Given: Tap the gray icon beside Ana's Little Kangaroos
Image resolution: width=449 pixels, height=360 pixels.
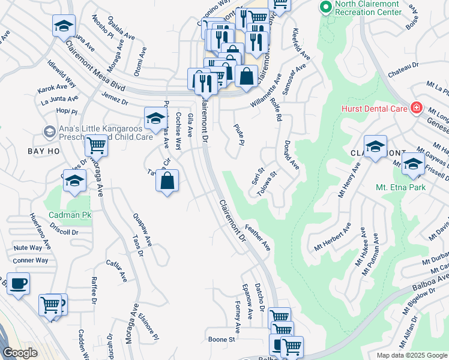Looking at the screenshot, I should pos(49,131).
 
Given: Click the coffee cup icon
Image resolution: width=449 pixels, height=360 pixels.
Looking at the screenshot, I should pos(18,284).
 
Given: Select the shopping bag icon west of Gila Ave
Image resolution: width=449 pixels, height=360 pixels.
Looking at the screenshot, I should pos(167,181).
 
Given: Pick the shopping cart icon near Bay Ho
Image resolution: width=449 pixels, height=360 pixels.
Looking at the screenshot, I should pos(96,145).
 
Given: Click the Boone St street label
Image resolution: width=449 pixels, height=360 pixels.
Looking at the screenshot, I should pos(221,340).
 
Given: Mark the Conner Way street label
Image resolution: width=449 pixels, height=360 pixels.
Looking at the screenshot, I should pos(30,260).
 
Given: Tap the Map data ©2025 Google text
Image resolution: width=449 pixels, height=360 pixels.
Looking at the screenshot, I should pos(411,355).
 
